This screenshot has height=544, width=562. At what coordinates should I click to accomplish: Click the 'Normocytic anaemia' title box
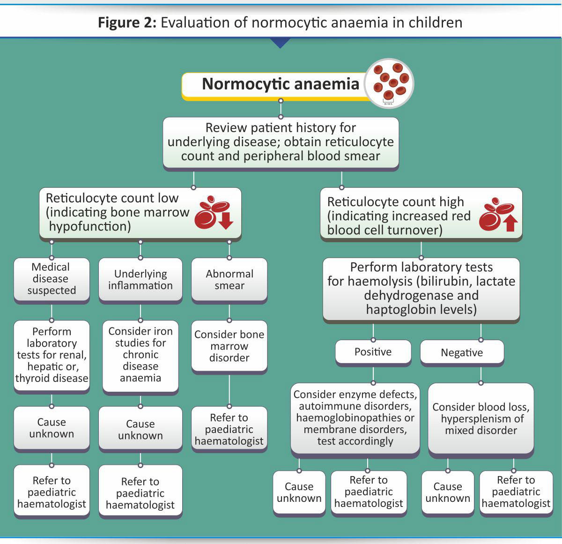pos(280,84)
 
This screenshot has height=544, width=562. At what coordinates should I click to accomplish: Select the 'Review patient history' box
pos(281,142)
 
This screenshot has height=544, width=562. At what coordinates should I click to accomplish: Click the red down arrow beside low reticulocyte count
pos(226,221)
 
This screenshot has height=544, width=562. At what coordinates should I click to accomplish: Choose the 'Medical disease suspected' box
pos(52,279)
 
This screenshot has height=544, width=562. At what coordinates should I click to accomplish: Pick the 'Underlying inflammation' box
pos(140,280)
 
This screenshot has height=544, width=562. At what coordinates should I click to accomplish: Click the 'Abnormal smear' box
pos(229,280)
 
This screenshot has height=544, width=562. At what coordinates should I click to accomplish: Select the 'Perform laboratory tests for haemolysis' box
pos(421,289)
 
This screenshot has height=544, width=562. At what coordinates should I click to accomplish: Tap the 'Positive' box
pos(373,352)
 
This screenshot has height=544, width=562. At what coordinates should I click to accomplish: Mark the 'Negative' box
pos(462,353)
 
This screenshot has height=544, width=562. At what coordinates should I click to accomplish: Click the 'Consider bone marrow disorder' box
pos(229,346)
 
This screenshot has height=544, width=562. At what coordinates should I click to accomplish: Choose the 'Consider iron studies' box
pos(140,355)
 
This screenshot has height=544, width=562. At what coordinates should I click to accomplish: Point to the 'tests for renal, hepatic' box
pos(52,355)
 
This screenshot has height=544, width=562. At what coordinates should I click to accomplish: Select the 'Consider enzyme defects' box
pos(355,418)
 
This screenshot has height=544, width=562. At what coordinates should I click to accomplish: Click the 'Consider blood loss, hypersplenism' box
pos(481,419)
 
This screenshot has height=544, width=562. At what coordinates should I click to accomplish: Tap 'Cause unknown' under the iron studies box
pos(140,429)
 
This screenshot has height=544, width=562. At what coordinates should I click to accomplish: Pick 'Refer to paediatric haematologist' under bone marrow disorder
pos(229,429)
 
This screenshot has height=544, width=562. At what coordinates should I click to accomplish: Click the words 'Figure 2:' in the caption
pos(127,22)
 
